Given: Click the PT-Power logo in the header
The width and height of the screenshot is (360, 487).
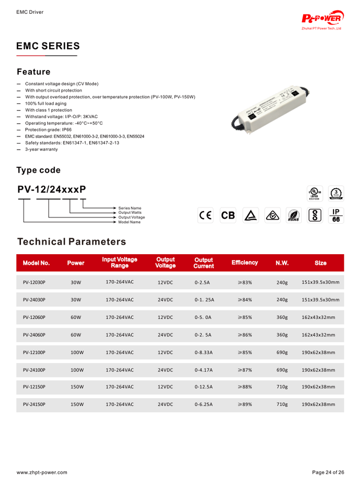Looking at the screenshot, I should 322,19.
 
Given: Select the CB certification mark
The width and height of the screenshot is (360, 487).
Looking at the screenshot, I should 228,215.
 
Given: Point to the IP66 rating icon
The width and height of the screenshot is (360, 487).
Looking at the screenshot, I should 336,215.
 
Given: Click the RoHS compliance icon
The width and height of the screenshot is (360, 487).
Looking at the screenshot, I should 293,216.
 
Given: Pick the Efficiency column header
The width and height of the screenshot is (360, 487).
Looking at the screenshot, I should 244,263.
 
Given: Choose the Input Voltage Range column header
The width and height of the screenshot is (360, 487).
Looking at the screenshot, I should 120,263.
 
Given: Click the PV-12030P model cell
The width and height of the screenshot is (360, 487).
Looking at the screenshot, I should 34,282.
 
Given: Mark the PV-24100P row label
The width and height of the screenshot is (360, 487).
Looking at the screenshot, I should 34,369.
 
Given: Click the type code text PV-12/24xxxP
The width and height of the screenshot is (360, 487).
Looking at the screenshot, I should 52,189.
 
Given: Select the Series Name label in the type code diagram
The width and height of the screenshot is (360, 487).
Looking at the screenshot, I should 130,208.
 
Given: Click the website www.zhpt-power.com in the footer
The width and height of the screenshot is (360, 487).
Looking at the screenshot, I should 42,472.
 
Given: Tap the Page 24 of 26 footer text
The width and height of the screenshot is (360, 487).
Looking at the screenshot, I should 328,472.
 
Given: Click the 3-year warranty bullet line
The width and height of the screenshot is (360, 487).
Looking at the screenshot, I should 42,149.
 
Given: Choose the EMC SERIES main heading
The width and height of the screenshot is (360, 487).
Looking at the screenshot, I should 48,46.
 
